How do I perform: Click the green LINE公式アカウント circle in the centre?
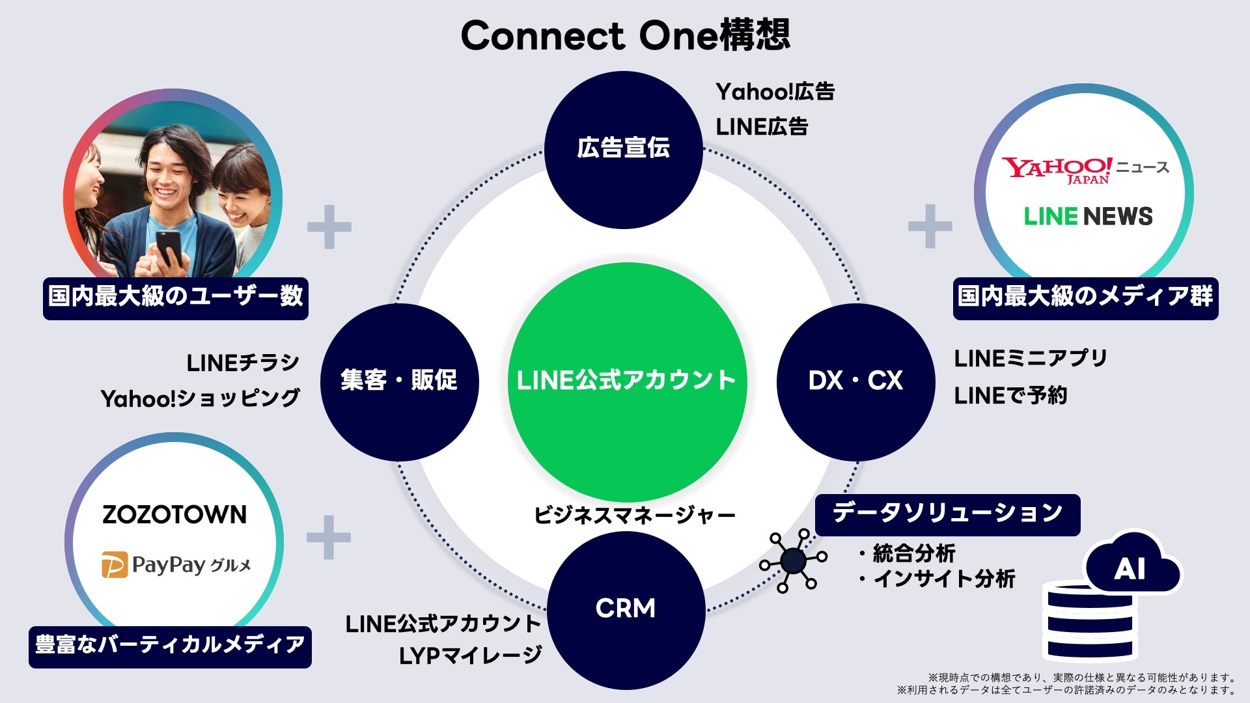tap(626, 381)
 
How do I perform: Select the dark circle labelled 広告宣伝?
tap(623, 149)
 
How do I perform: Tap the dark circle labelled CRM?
tap(626, 609)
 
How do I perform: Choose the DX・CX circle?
tap(855, 381)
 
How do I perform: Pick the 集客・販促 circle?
tap(399, 381)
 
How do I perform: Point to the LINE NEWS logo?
tap(1088, 216)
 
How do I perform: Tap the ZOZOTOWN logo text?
tap(174, 515)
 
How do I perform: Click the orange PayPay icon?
tap(114, 565)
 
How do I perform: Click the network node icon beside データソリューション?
tap(793, 560)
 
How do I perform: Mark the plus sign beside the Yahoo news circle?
tap(930, 227)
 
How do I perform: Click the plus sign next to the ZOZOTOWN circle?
tap(329, 538)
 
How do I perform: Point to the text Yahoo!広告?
tap(775, 92)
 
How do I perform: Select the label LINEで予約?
tap(1010, 395)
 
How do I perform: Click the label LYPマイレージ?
tap(470, 655)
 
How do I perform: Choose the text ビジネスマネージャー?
tap(634, 516)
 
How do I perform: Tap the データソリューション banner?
tap(947, 514)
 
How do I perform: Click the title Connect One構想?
tap(625, 35)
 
